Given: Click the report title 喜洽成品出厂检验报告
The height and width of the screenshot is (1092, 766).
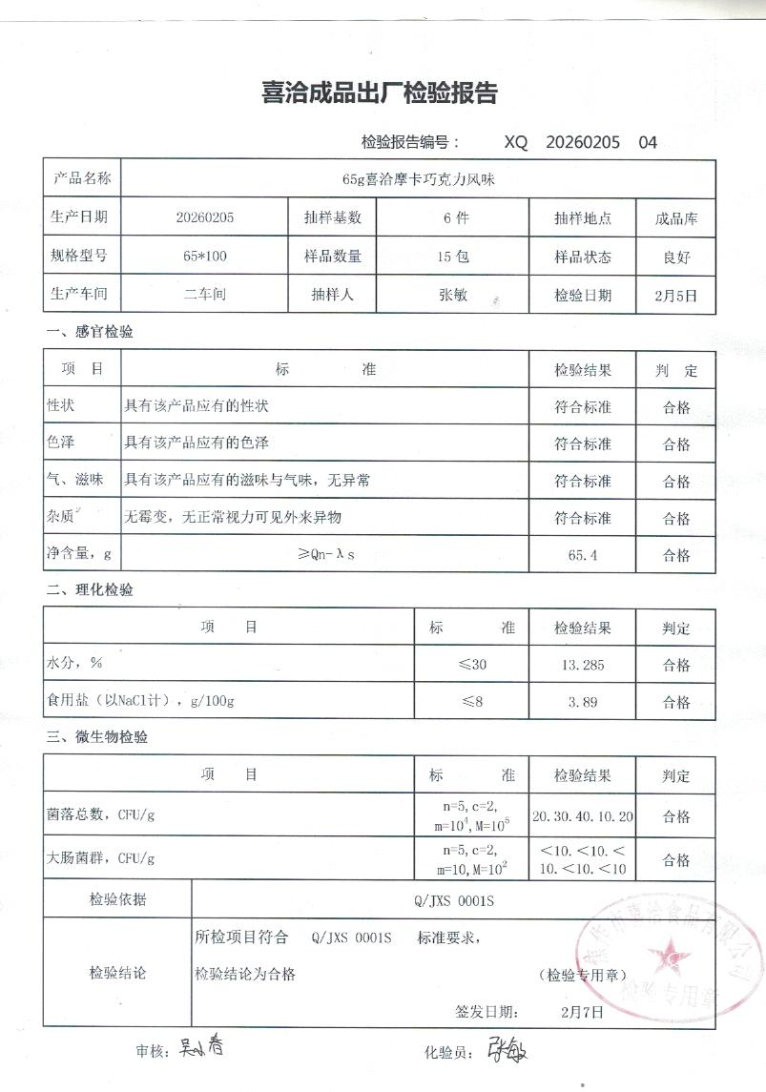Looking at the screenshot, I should pos(380,93).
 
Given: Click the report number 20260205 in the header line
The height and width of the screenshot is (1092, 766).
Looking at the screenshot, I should pos(583,142).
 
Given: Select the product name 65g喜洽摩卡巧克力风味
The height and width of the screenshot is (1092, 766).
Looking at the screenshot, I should pos(418,178).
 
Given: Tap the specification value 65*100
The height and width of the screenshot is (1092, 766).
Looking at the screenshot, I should pos(204,257).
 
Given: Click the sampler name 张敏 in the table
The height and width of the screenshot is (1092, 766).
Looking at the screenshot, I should pos(453,295).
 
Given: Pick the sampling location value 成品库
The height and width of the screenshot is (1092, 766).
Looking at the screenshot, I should pos(676,217).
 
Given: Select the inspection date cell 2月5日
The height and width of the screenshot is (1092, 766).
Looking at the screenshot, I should pos(676,295).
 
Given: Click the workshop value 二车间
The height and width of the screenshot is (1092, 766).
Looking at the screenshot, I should pos(204,295).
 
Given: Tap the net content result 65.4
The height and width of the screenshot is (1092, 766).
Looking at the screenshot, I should pos(582,555).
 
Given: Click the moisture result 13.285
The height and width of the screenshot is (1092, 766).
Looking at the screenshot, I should pos(582,666).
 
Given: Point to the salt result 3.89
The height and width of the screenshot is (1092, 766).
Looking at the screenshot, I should pos(582,702).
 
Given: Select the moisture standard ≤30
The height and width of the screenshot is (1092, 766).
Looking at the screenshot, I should pos(472,665).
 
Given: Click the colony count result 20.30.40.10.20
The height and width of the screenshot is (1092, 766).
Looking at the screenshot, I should pos(583,817).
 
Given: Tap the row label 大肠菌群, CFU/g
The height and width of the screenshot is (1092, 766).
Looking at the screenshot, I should pos(100,858).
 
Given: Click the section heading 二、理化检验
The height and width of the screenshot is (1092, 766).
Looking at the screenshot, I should pos(90,589).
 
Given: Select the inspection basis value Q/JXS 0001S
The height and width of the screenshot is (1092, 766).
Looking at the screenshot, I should pos(453,899).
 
